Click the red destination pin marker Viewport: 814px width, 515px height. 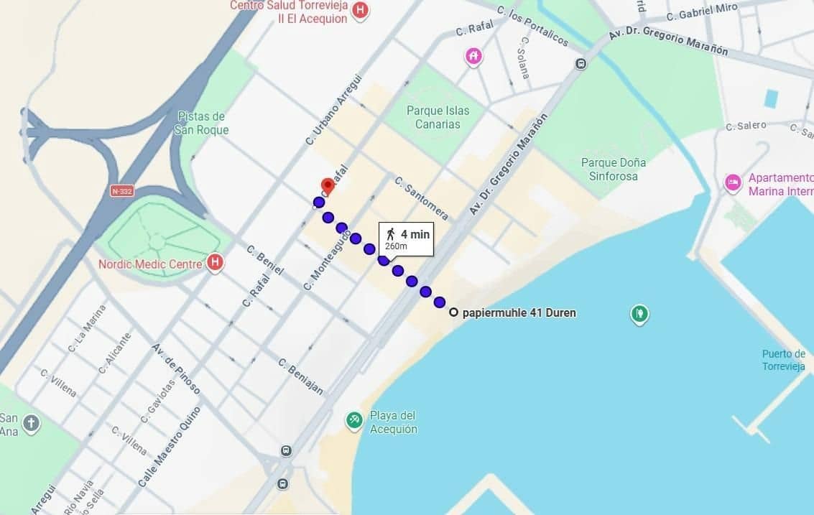click(328, 185)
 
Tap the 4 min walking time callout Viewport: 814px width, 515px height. click(406, 238)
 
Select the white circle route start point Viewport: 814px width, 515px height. click(453, 312)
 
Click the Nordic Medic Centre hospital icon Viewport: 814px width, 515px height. click(214, 263)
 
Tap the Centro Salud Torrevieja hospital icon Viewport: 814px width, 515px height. click(361, 10)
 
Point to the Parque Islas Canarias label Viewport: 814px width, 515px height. click(438, 117)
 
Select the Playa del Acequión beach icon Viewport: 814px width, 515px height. click(353, 420)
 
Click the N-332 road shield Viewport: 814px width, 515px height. click(122, 190)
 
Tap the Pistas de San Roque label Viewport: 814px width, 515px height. click(201, 123)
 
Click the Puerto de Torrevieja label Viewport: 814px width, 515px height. click(783, 359)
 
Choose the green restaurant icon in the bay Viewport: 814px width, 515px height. click(639, 313)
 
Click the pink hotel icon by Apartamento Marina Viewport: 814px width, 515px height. click(733, 183)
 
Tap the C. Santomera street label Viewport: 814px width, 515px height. click(421, 198)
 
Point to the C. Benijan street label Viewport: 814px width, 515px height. click(300, 376)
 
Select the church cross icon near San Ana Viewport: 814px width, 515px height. click(31, 423)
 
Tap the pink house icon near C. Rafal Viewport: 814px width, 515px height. click(473, 56)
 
